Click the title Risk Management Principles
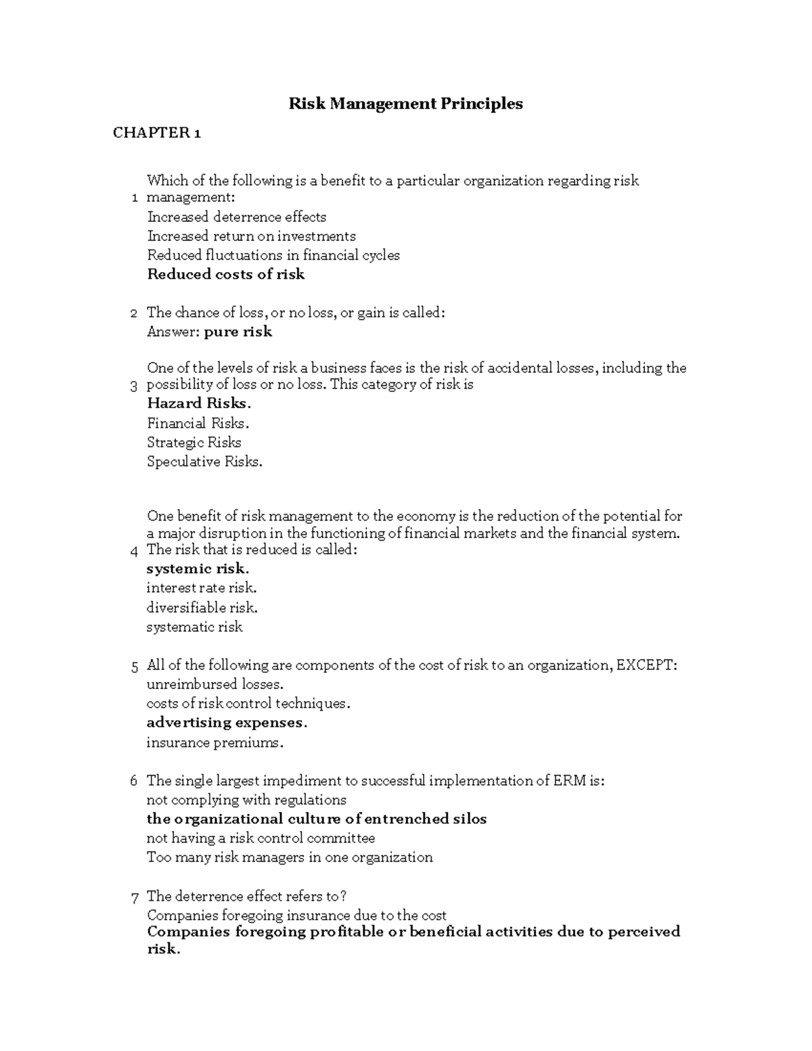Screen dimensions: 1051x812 [x=405, y=104]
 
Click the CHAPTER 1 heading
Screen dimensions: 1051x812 [x=156, y=133]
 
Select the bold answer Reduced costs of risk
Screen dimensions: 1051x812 [x=226, y=274]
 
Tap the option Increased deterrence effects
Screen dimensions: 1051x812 [x=236, y=217]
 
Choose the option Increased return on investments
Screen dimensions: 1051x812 [x=251, y=236]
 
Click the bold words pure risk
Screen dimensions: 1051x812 [x=238, y=332]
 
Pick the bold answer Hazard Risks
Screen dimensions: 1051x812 [x=198, y=403]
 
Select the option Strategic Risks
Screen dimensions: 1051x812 [x=194, y=443]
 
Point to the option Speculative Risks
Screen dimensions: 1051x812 [x=204, y=462]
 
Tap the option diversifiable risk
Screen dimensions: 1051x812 [x=202, y=608]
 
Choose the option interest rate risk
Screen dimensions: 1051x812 [x=201, y=588]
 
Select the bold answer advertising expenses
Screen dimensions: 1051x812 [x=227, y=723]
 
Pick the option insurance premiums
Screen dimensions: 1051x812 [x=215, y=742]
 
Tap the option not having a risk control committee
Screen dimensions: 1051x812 [x=261, y=838]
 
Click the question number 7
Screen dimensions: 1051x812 [x=134, y=898]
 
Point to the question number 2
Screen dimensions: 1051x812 [x=133, y=313]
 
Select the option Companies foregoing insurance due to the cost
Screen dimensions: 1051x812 [x=296, y=916]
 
